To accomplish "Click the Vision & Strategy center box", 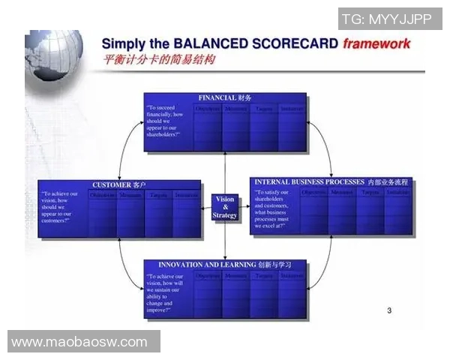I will [x=224, y=208].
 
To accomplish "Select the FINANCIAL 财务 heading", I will [x=225, y=98].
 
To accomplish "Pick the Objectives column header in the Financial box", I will [x=208, y=109].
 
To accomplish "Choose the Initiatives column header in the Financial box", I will [x=292, y=109].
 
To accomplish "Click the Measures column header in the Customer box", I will [x=130, y=196].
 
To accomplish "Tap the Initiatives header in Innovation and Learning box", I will [x=292, y=276].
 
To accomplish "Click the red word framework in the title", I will [x=376, y=43].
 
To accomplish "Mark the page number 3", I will [x=389, y=310].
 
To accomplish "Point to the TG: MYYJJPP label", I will [x=387, y=19].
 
